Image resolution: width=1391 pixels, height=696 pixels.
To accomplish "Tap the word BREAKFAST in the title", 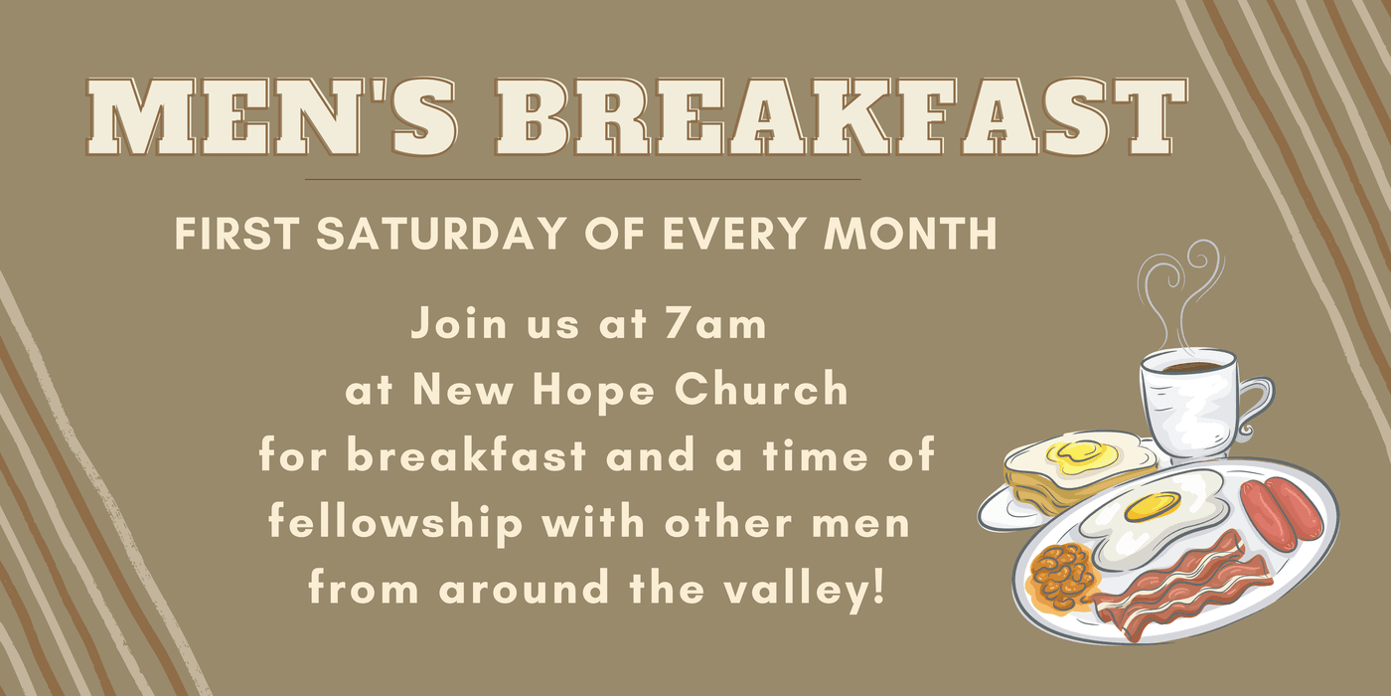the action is click(842, 117).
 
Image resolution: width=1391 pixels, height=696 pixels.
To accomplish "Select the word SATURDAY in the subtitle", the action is click(441, 233).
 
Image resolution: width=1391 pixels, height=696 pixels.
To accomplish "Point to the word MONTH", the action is click(910, 233).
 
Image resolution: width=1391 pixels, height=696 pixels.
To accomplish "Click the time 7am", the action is click(714, 324).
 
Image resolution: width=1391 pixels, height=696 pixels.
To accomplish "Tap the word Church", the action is click(761, 389).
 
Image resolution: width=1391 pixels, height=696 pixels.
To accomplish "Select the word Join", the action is click(459, 323).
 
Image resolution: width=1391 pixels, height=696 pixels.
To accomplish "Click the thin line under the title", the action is click(582, 180).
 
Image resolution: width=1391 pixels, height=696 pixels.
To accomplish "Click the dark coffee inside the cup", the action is click(1188, 367).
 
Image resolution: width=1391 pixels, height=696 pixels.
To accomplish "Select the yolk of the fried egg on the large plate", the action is click(1153, 506).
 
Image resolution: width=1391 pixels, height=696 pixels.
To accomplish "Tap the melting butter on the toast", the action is click(1082, 456).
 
